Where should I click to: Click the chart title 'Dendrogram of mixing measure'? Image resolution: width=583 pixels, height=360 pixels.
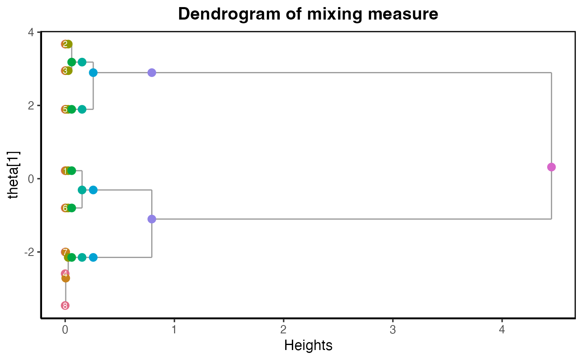click(308, 14)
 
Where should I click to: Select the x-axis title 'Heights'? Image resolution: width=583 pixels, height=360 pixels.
click(308, 345)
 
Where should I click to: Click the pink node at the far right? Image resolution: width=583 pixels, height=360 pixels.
click(551, 167)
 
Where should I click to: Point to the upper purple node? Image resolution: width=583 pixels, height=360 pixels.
click(152, 73)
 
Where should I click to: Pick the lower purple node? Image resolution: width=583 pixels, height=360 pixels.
click(152, 219)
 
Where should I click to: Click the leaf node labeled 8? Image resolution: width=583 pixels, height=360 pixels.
click(65, 306)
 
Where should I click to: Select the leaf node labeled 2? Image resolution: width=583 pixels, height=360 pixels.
click(65, 44)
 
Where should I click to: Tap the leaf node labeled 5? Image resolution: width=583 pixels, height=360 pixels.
click(65, 109)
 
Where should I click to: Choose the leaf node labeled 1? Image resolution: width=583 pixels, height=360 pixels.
click(65, 171)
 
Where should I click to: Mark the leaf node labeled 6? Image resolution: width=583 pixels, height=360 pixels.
click(65, 208)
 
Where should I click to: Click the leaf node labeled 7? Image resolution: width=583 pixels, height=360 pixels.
click(65, 252)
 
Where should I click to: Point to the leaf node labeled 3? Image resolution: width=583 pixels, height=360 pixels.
click(65, 71)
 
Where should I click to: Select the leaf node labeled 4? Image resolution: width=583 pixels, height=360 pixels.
click(65, 274)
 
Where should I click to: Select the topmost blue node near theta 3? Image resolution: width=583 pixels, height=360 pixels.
click(93, 73)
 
